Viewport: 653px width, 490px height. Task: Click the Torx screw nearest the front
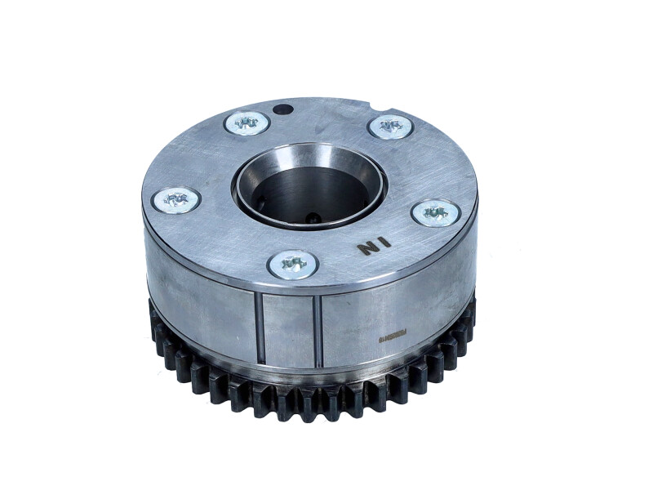[x=292, y=263]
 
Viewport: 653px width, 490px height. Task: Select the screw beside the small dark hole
[x=247, y=122]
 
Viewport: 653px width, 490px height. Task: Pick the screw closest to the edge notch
[x=390, y=126]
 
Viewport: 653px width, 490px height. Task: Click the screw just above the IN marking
[x=436, y=213]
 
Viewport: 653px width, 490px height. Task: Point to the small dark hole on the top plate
[x=282, y=109]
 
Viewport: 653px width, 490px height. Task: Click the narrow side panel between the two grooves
[x=289, y=330]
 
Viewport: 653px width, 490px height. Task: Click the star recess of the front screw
[x=292, y=263]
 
